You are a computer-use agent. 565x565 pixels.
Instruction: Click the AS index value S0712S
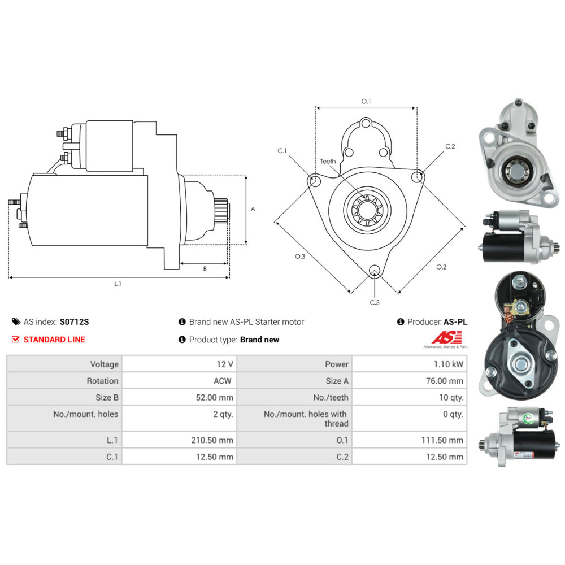(74, 322)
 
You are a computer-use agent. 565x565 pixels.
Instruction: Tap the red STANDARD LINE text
(54, 340)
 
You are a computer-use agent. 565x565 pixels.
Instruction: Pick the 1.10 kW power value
(448, 364)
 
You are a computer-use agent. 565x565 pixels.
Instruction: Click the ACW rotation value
(222, 381)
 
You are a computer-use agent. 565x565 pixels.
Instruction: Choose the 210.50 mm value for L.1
(212, 440)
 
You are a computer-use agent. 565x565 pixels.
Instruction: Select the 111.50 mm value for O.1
(442, 440)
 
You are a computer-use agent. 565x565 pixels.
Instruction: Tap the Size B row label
(107, 397)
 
